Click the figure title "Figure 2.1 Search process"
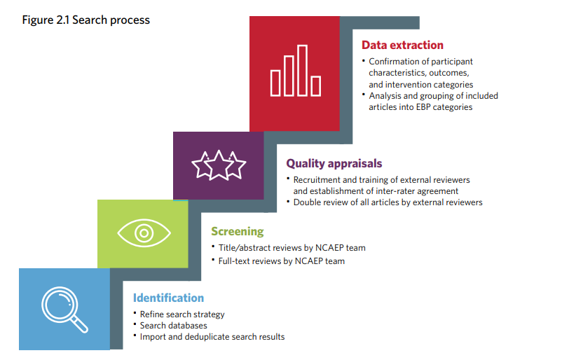(x=86, y=20)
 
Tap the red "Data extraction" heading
(x=402, y=45)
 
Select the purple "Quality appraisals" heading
(x=334, y=164)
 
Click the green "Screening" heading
(x=238, y=231)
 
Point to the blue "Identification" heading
(x=168, y=298)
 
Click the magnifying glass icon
(x=64, y=310)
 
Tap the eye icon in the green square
(x=144, y=233)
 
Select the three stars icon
(x=219, y=165)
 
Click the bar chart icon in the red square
(x=296, y=71)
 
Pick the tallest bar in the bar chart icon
(x=303, y=71)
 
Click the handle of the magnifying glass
(x=79, y=324)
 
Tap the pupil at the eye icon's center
(x=144, y=233)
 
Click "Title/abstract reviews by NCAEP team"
(x=292, y=248)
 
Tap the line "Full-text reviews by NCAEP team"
(x=282, y=261)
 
